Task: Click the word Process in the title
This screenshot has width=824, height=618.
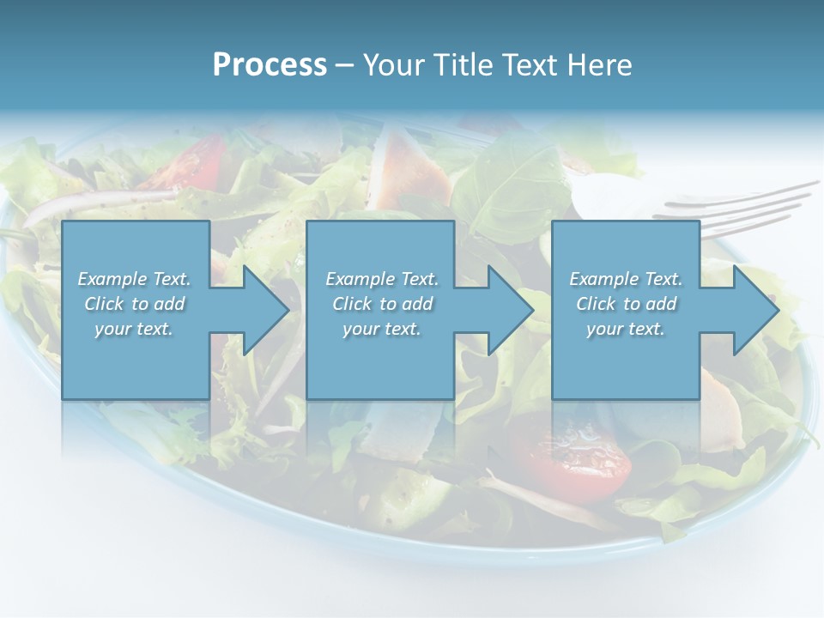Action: pyautogui.click(x=270, y=65)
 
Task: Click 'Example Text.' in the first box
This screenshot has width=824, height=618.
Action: pyautogui.click(x=134, y=279)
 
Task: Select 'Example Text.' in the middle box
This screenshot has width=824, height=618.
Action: pyautogui.click(x=381, y=279)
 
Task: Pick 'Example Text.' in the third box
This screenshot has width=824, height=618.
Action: pyautogui.click(x=626, y=279)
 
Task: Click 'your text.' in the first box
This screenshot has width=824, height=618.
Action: pyautogui.click(x=134, y=330)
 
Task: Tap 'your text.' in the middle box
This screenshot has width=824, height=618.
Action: pyautogui.click(x=381, y=330)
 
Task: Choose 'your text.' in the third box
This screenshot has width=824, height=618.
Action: pyautogui.click(x=626, y=330)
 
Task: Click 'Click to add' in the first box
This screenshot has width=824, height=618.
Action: pyautogui.click(x=134, y=305)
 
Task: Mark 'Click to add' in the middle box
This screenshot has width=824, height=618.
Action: pyautogui.click(x=381, y=305)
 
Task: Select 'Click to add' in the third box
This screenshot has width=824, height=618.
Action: pyautogui.click(x=626, y=305)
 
